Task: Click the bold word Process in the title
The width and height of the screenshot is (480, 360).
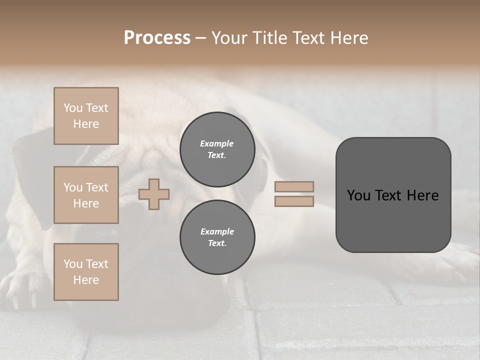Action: pos(157,38)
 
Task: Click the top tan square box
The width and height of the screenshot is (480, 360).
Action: pos(86,116)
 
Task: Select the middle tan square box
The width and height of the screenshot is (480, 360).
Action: pos(86,195)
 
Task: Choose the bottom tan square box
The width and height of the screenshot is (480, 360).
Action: pos(86,272)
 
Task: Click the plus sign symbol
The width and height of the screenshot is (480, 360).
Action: pos(154,194)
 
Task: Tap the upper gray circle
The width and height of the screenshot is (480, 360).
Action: pos(217,149)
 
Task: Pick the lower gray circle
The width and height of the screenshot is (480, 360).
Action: pos(217,237)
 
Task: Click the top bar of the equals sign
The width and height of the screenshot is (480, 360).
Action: pos(294,186)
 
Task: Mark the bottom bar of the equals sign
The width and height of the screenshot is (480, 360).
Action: pos(294,201)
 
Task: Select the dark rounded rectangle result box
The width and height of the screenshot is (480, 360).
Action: pos(393,195)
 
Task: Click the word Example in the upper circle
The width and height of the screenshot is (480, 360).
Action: pos(217,143)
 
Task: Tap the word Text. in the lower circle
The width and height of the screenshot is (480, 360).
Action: pos(217,243)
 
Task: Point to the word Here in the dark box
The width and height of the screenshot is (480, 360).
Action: pos(422,195)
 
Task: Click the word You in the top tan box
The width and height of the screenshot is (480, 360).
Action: pos(72,108)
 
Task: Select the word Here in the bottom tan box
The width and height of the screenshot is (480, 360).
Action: pos(86,280)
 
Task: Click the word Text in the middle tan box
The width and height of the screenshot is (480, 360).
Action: pos(96,187)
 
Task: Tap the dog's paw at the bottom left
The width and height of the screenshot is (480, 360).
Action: pos(20,290)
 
